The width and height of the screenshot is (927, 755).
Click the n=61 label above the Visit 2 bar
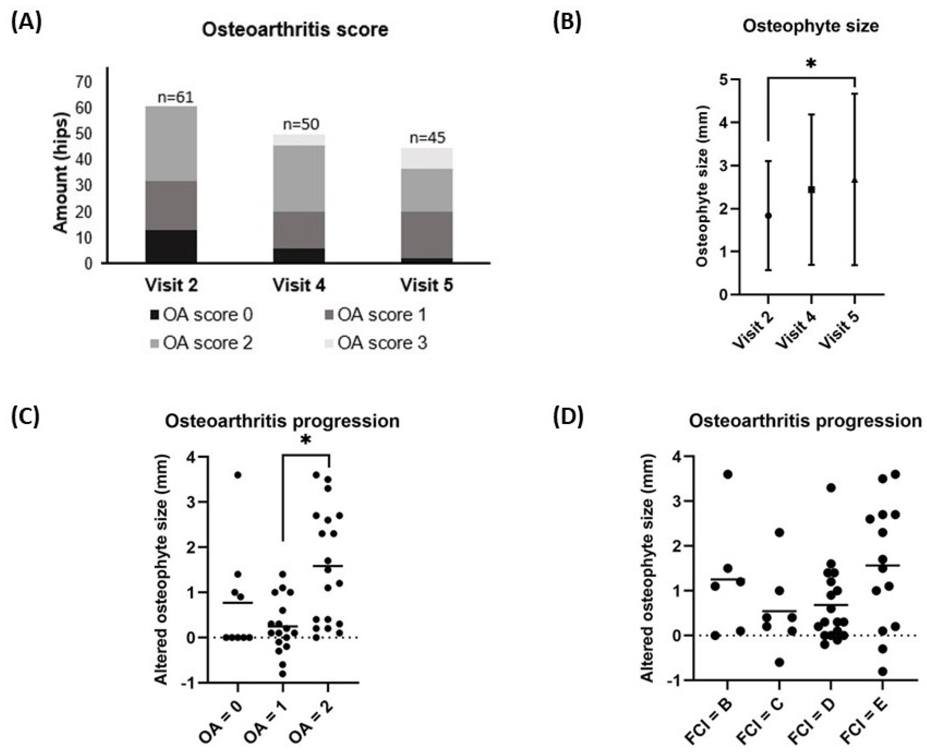(x=175, y=97)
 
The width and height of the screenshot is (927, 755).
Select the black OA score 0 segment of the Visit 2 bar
(x=171, y=246)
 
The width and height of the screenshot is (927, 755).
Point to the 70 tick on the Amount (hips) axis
(x=84, y=82)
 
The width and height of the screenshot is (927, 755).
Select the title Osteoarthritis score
(x=295, y=30)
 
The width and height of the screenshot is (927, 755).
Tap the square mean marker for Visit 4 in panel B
(x=811, y=189)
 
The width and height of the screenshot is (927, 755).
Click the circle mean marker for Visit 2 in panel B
(x=768, y=216)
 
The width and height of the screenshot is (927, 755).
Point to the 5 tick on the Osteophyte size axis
(x=724, y=80)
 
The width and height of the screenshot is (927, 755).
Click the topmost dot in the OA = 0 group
(x=238, y=475)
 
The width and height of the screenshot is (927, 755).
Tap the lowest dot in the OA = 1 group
(x=282, y=674)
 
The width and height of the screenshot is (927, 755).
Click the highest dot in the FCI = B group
(x=728, y=474)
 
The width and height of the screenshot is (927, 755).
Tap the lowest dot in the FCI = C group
(x=779, y=662)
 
